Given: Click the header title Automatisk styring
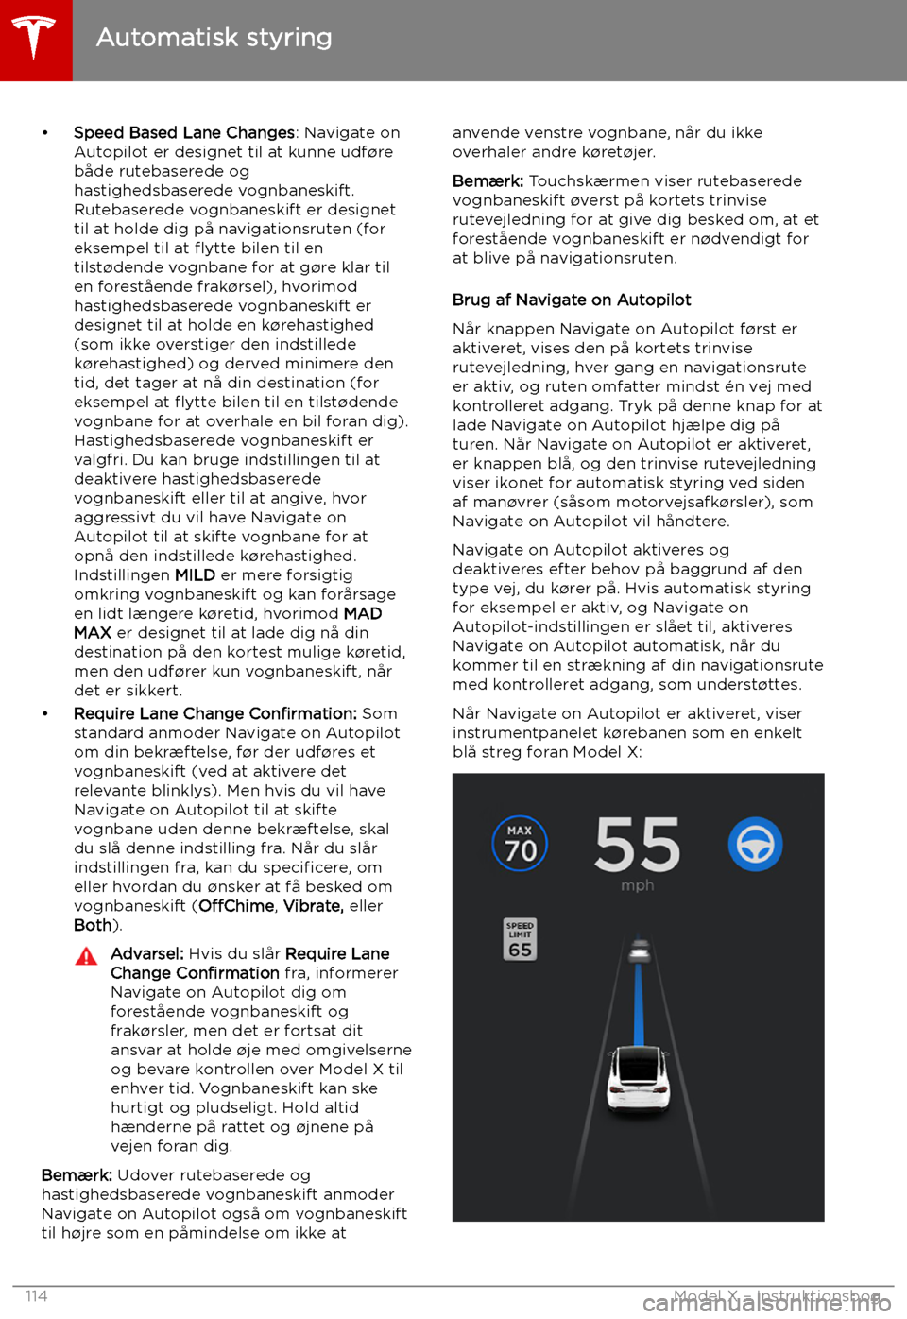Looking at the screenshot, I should (214, 38).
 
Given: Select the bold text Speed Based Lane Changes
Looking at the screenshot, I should (184, 133).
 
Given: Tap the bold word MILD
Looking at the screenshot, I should (195, 575).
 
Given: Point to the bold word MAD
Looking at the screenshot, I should (363, 614).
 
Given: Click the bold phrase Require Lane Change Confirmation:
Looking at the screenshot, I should (214, 714).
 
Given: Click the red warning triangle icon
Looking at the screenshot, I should (86, 956).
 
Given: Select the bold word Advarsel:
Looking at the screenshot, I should (146, 954).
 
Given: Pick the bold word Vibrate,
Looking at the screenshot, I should (314, 906).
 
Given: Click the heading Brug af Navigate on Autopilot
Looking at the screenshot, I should (572, 300).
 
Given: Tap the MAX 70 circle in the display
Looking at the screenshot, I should (520, 843).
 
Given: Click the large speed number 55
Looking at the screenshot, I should (638, 845).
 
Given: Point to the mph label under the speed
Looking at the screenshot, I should (638, 886).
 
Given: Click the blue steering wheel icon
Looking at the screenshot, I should (755, 844).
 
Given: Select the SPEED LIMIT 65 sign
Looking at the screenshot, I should (520, 939).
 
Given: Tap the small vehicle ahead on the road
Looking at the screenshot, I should (641, 949).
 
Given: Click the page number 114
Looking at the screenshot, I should (36, 1295).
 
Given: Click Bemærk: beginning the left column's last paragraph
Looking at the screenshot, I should (77, 1175).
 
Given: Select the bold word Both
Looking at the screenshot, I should (93, 926).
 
